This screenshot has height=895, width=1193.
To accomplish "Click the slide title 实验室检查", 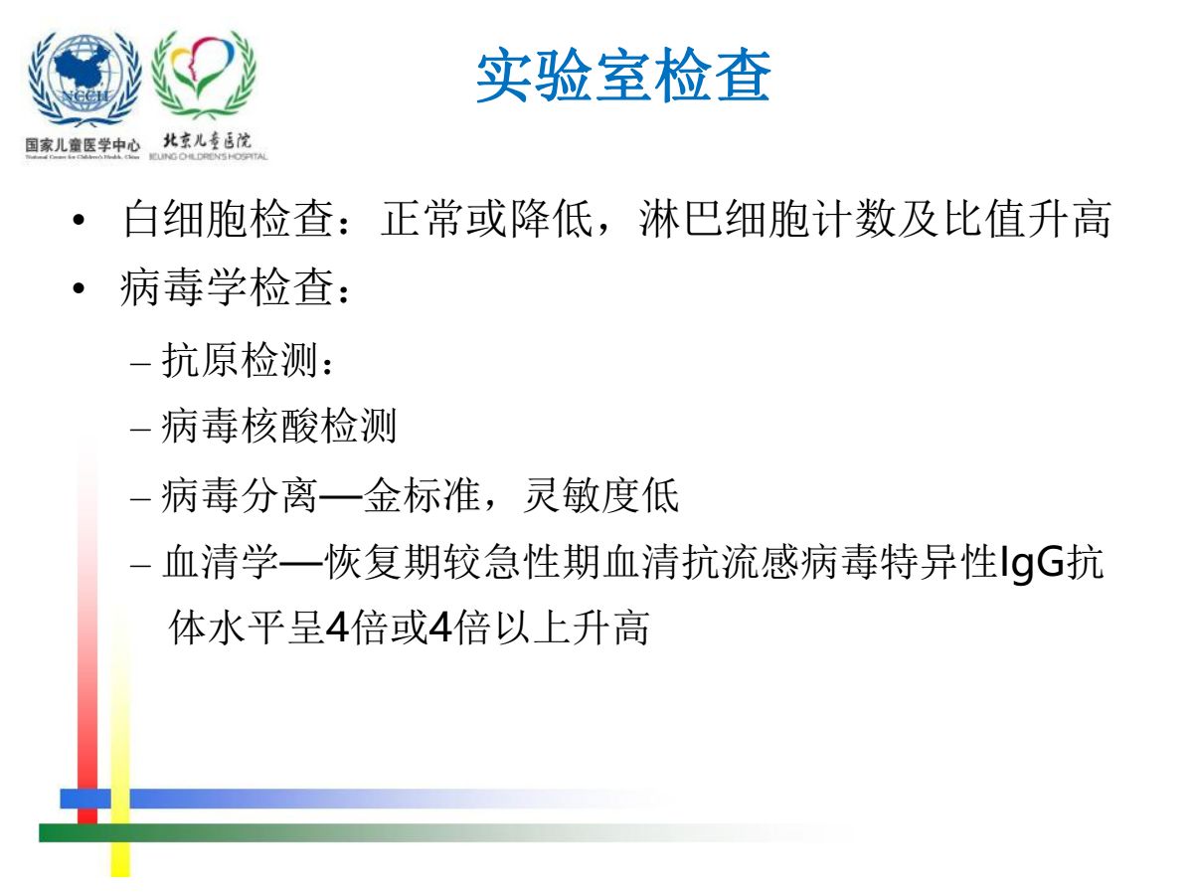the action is (623, 76).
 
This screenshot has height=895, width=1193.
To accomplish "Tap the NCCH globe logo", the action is (85, 80).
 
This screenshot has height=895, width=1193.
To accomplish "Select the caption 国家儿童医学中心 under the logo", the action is (83, 145).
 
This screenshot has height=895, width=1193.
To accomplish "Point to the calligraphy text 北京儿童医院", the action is (207, 141).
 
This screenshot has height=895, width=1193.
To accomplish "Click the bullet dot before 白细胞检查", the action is (79, 220).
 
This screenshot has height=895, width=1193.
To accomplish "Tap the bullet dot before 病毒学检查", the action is (79, 288).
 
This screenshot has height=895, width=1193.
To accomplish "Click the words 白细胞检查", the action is (228, 219).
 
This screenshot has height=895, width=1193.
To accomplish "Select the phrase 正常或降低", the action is (486, 219).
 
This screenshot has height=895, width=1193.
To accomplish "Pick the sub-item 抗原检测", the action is (240, 360).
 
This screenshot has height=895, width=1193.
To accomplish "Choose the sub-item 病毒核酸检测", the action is (278, 427).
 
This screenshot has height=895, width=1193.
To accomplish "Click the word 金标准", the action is (422, 495).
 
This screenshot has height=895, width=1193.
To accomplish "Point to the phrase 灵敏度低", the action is (601, 495).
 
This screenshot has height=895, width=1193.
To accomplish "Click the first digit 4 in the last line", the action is (337, 627).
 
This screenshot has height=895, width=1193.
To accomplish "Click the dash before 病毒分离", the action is (140, 497).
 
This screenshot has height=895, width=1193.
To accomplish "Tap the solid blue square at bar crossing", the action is (85, 799).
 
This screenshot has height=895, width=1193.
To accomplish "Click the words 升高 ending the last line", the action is (610, 627).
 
